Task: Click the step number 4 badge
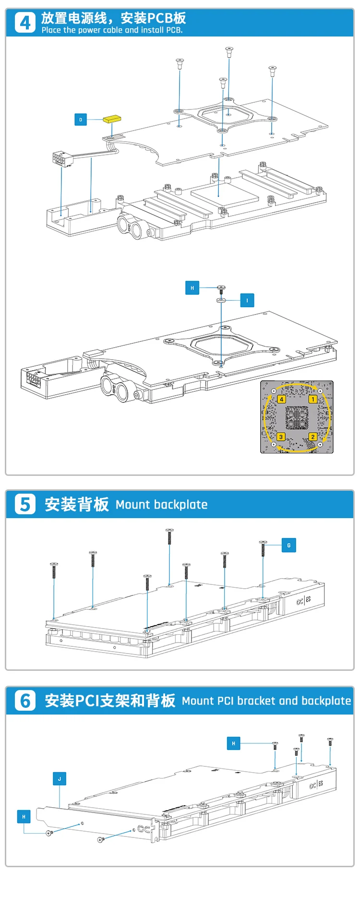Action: [x=25, y=23]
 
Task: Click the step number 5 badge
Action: [x=25, y=504]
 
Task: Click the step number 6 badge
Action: [x=25, y=701]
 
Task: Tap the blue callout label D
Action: [x=81, y=120]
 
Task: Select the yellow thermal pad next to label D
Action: [x=112, y=119]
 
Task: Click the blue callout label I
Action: [x=247, y=301]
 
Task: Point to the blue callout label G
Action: [x=288, y=545]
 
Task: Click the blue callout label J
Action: [x=60, y=779]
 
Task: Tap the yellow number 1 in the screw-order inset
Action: [x=312, y=399]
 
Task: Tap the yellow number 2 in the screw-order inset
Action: [x=312, y=436]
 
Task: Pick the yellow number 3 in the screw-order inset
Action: [x=281, y=436]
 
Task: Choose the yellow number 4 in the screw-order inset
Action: [x=281, y=399]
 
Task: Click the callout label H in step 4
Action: [x=192, y=288]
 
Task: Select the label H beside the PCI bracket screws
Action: [x=24, y=816]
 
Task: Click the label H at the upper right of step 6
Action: [x=234, y=743]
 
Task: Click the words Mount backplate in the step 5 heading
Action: [x=162, y=505]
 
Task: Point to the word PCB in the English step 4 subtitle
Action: [x=173, y=30]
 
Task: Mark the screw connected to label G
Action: [x=263, y=548]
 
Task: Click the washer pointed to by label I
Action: [x=221, y=300]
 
